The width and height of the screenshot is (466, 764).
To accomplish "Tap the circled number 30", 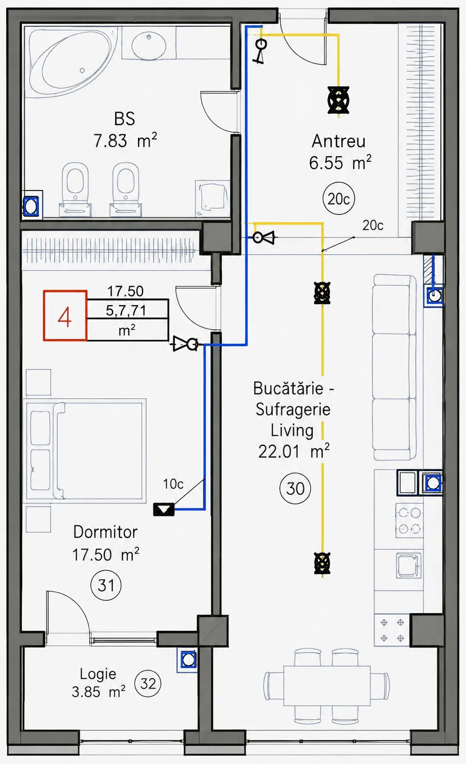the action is pyautogui.click(x=295, y=488).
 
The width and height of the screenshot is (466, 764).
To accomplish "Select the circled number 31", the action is pyautogui.click(x=106, y=585).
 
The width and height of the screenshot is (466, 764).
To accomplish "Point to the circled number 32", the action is pyautogui.click(x=148, y=683).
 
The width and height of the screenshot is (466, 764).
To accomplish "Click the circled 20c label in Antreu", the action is pyautogui.click(x=339, y=198).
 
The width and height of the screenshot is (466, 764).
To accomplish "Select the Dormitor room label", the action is pyautogui.click(x=105, y=532).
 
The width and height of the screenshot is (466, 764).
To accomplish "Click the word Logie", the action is pyautogui.click(x=98, y=674).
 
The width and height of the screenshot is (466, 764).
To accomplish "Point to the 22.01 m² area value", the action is pyautogui.click(x=294, y=451).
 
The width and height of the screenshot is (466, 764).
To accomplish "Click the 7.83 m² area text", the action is pyautogui.click(x=125, y=140).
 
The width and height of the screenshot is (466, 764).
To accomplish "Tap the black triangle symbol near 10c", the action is pyautogui.click(x=164, y=509).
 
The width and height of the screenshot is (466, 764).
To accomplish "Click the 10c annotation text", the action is pyautogui.click(x=173, y=484).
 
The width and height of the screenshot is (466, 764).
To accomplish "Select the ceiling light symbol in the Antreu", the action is pyautogui.click(x=338, y=100).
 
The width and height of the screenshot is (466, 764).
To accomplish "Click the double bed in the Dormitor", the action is pyautogui.click(x=84, y=451).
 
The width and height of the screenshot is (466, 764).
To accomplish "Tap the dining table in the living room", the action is pyautogui.click(x=327, y=685).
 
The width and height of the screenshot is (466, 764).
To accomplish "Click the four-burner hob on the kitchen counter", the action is pyautogui.click(x=409, y=520).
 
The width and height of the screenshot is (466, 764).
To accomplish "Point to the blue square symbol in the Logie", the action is pyautogui.click(x=187, y=660).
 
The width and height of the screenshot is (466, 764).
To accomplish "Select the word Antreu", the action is pyautogui.click(x=339, y=141).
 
